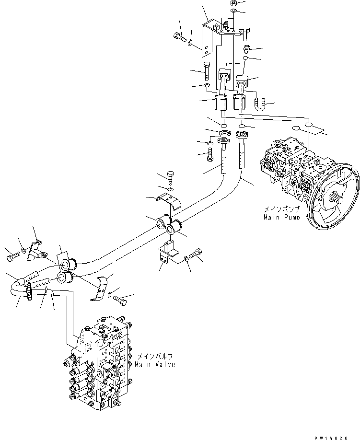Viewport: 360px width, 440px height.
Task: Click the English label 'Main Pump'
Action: click(281, 218)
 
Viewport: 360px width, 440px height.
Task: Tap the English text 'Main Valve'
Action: click(156, 364)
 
